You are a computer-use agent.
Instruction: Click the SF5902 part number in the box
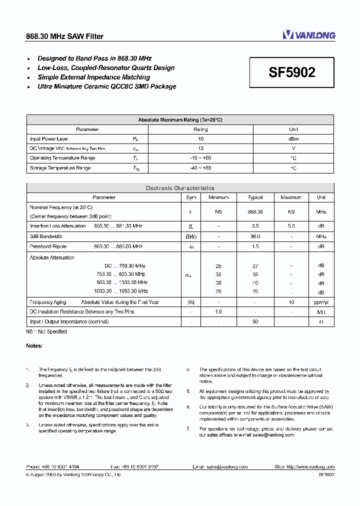click(292, 72)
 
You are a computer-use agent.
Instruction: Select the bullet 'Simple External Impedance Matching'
click(93, 77)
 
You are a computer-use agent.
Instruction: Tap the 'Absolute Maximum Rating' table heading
click(180, 120)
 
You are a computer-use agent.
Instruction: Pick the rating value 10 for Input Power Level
click(200, 139)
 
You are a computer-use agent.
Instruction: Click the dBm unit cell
click(293, 139)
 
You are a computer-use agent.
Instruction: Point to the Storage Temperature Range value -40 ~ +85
click(200, 168)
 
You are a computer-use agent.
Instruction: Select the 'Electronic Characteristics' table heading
click(180, 188)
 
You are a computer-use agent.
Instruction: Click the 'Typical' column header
click(255, 197)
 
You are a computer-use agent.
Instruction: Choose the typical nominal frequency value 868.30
click(255, 212)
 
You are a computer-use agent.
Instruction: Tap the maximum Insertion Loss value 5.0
click(291, 226)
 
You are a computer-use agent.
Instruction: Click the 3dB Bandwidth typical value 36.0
click(255, 236)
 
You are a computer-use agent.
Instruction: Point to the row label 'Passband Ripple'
click(48, 246)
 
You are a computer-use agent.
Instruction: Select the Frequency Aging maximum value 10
click(291, 302)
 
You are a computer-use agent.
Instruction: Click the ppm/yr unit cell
click(321, 302)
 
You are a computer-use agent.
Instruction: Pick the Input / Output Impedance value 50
click(255, 321)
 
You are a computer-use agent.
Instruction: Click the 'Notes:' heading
click(34, 345)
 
